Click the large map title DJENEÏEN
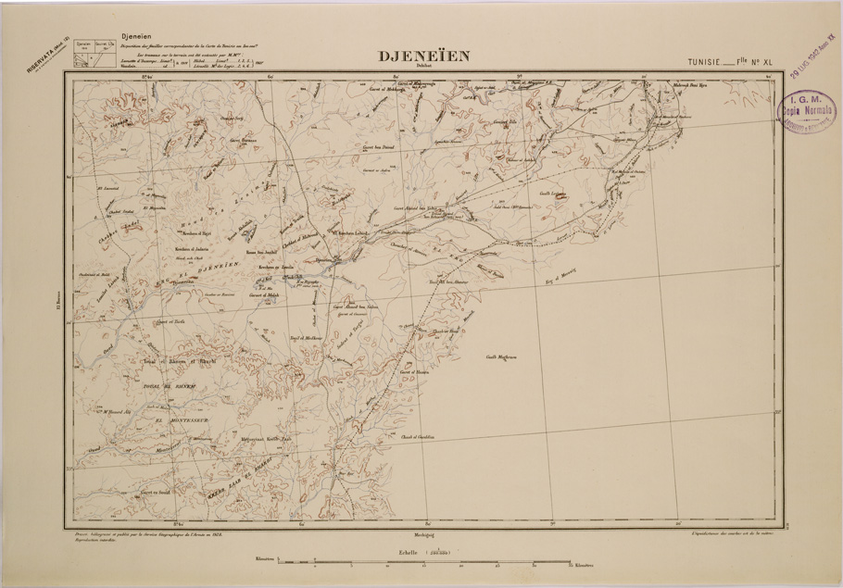[424, 56]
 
